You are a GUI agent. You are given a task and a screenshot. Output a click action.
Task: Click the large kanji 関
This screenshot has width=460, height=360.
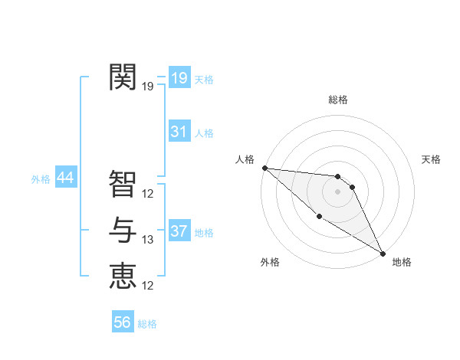point(123,77)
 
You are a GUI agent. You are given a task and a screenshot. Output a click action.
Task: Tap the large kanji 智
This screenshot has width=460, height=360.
point(123,183)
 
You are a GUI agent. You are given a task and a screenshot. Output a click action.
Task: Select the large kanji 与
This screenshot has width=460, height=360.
point(123,230)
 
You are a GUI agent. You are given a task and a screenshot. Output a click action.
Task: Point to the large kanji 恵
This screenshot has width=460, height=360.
point(123,276)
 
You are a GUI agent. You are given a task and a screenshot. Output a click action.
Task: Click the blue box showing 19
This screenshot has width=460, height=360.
point(179,78)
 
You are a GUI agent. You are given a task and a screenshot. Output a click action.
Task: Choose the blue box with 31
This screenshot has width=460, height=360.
point(179,132)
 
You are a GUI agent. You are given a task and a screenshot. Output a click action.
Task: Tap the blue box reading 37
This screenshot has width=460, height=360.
point(179,231)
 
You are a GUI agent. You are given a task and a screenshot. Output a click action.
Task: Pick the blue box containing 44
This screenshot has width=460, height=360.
point(65,178)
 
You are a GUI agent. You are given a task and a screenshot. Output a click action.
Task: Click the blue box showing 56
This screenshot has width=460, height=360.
point(123,322)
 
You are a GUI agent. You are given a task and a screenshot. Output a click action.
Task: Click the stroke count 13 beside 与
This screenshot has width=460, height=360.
point(148,241)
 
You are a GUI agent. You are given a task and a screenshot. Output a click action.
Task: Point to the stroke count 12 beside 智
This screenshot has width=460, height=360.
point(148,194)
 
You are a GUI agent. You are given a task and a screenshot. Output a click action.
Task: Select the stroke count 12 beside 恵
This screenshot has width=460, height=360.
point(148,286)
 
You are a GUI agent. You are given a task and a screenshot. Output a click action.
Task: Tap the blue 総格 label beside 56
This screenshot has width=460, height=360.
point(147,324)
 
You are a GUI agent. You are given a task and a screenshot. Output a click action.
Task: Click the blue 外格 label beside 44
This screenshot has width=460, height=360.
point(41,179)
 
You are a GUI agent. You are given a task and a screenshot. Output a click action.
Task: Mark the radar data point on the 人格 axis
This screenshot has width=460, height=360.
point(264,168)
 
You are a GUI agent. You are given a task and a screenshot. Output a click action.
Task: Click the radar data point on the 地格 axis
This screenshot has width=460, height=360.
point(383,253)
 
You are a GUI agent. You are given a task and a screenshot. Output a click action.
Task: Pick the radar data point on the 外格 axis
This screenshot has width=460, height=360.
point(319,217)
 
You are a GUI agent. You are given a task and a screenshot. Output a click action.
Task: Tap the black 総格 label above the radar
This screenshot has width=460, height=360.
point(338,100)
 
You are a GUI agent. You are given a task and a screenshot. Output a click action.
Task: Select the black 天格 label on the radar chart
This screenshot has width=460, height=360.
point(432,159)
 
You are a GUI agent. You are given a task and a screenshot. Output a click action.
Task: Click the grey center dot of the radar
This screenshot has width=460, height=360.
point(337,191)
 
